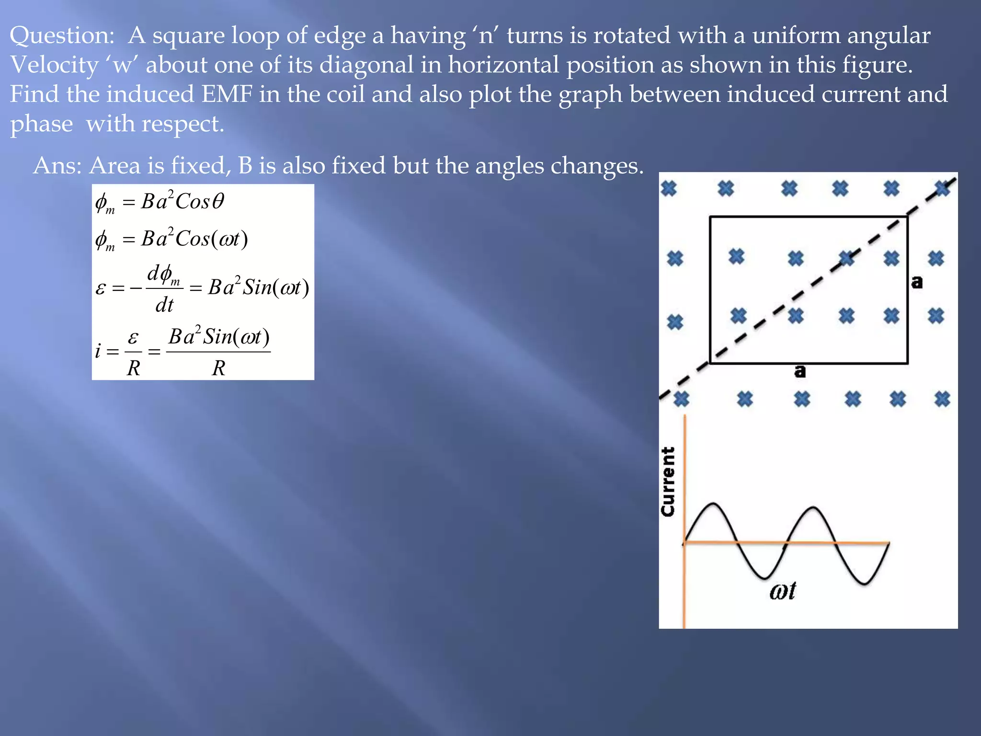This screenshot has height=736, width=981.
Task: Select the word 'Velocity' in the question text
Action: (54, 66)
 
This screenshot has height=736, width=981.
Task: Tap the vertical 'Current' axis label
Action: (668, 481)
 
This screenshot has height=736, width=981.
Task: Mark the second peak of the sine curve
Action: (813, 507)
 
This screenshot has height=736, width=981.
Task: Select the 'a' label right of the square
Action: (917, 282)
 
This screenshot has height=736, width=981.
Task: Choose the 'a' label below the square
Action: (800, 371)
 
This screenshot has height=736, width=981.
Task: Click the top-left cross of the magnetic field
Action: (669, 188)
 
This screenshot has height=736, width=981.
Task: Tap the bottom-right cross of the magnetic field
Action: (942, 399)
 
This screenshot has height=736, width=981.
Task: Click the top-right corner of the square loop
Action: (907, 217)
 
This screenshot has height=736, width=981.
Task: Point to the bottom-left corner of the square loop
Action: (710, 363)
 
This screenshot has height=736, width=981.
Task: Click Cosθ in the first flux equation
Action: (200, 202)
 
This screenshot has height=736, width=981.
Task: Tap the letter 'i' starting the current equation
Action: (98, 351)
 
